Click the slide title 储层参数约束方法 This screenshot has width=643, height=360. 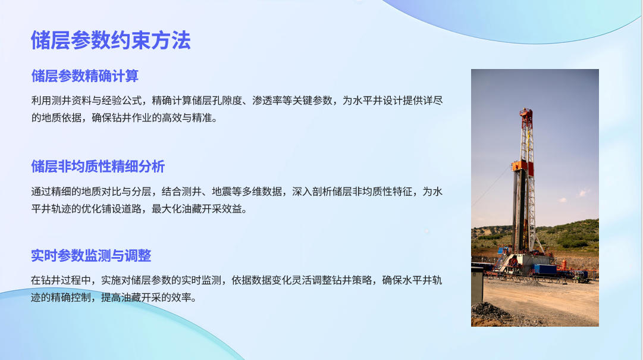point(111,40)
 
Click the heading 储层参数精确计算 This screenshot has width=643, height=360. point(85,76)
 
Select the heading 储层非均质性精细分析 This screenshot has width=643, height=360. point(98,167)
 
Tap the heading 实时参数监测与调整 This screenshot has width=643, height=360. point(91,255)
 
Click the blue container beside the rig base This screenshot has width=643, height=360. point(545,269)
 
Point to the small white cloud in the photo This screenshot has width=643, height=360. point(582,192)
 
